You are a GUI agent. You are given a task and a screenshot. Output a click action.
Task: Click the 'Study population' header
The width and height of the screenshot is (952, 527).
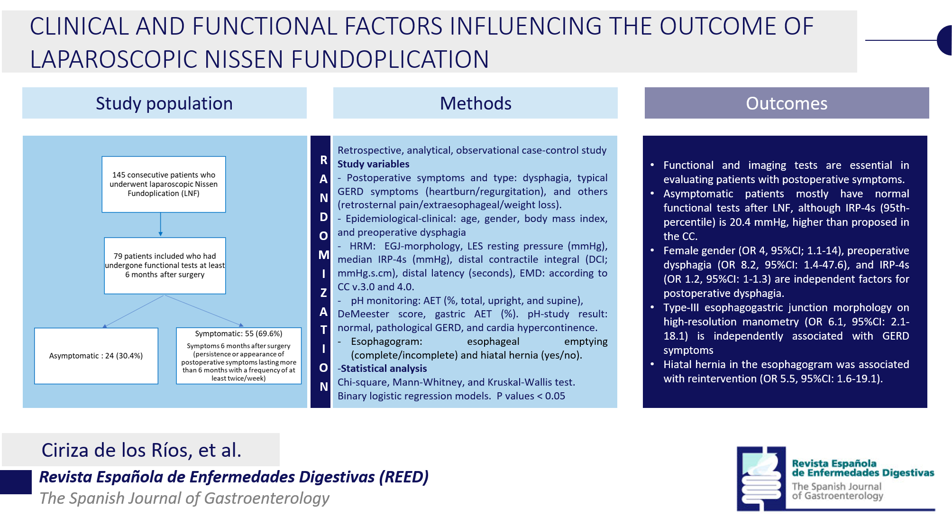(x=164, y=103)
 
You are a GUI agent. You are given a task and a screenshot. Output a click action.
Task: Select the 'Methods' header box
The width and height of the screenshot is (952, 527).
(x=476, y=103)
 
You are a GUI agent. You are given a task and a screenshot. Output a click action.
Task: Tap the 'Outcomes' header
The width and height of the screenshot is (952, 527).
(x=787, y=103)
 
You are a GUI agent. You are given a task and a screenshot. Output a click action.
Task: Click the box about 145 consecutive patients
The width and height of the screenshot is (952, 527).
(x=164, y=184)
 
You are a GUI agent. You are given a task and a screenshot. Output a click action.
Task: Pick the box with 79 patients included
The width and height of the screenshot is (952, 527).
(x=165, y=266)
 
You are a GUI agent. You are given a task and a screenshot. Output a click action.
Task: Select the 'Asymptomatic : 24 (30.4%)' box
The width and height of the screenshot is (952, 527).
(x=96, y=356)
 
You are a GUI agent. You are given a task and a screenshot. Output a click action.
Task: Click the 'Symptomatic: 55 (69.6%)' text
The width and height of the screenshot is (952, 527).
(x=238, y=333)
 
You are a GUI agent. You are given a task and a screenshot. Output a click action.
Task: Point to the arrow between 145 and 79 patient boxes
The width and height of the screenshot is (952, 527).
(x=161, y=224)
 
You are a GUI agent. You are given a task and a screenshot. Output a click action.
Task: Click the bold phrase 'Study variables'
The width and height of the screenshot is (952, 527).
(x=373, y=164)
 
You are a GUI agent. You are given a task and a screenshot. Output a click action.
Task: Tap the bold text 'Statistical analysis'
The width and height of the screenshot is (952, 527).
(x=384, y=369)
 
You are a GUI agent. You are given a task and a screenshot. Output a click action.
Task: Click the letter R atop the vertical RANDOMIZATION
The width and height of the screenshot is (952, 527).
(x=323, y=160)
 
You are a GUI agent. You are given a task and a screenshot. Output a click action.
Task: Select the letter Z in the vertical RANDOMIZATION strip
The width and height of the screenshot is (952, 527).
(x=323, y=293)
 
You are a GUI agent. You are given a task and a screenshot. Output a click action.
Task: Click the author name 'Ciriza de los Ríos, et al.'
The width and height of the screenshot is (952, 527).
(x=141, y=450)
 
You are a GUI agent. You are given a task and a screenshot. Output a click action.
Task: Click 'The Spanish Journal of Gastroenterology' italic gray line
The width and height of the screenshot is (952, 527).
(x=184, y=498)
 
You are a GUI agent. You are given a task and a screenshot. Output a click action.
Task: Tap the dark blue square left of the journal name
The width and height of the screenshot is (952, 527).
(x=16, y=482)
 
